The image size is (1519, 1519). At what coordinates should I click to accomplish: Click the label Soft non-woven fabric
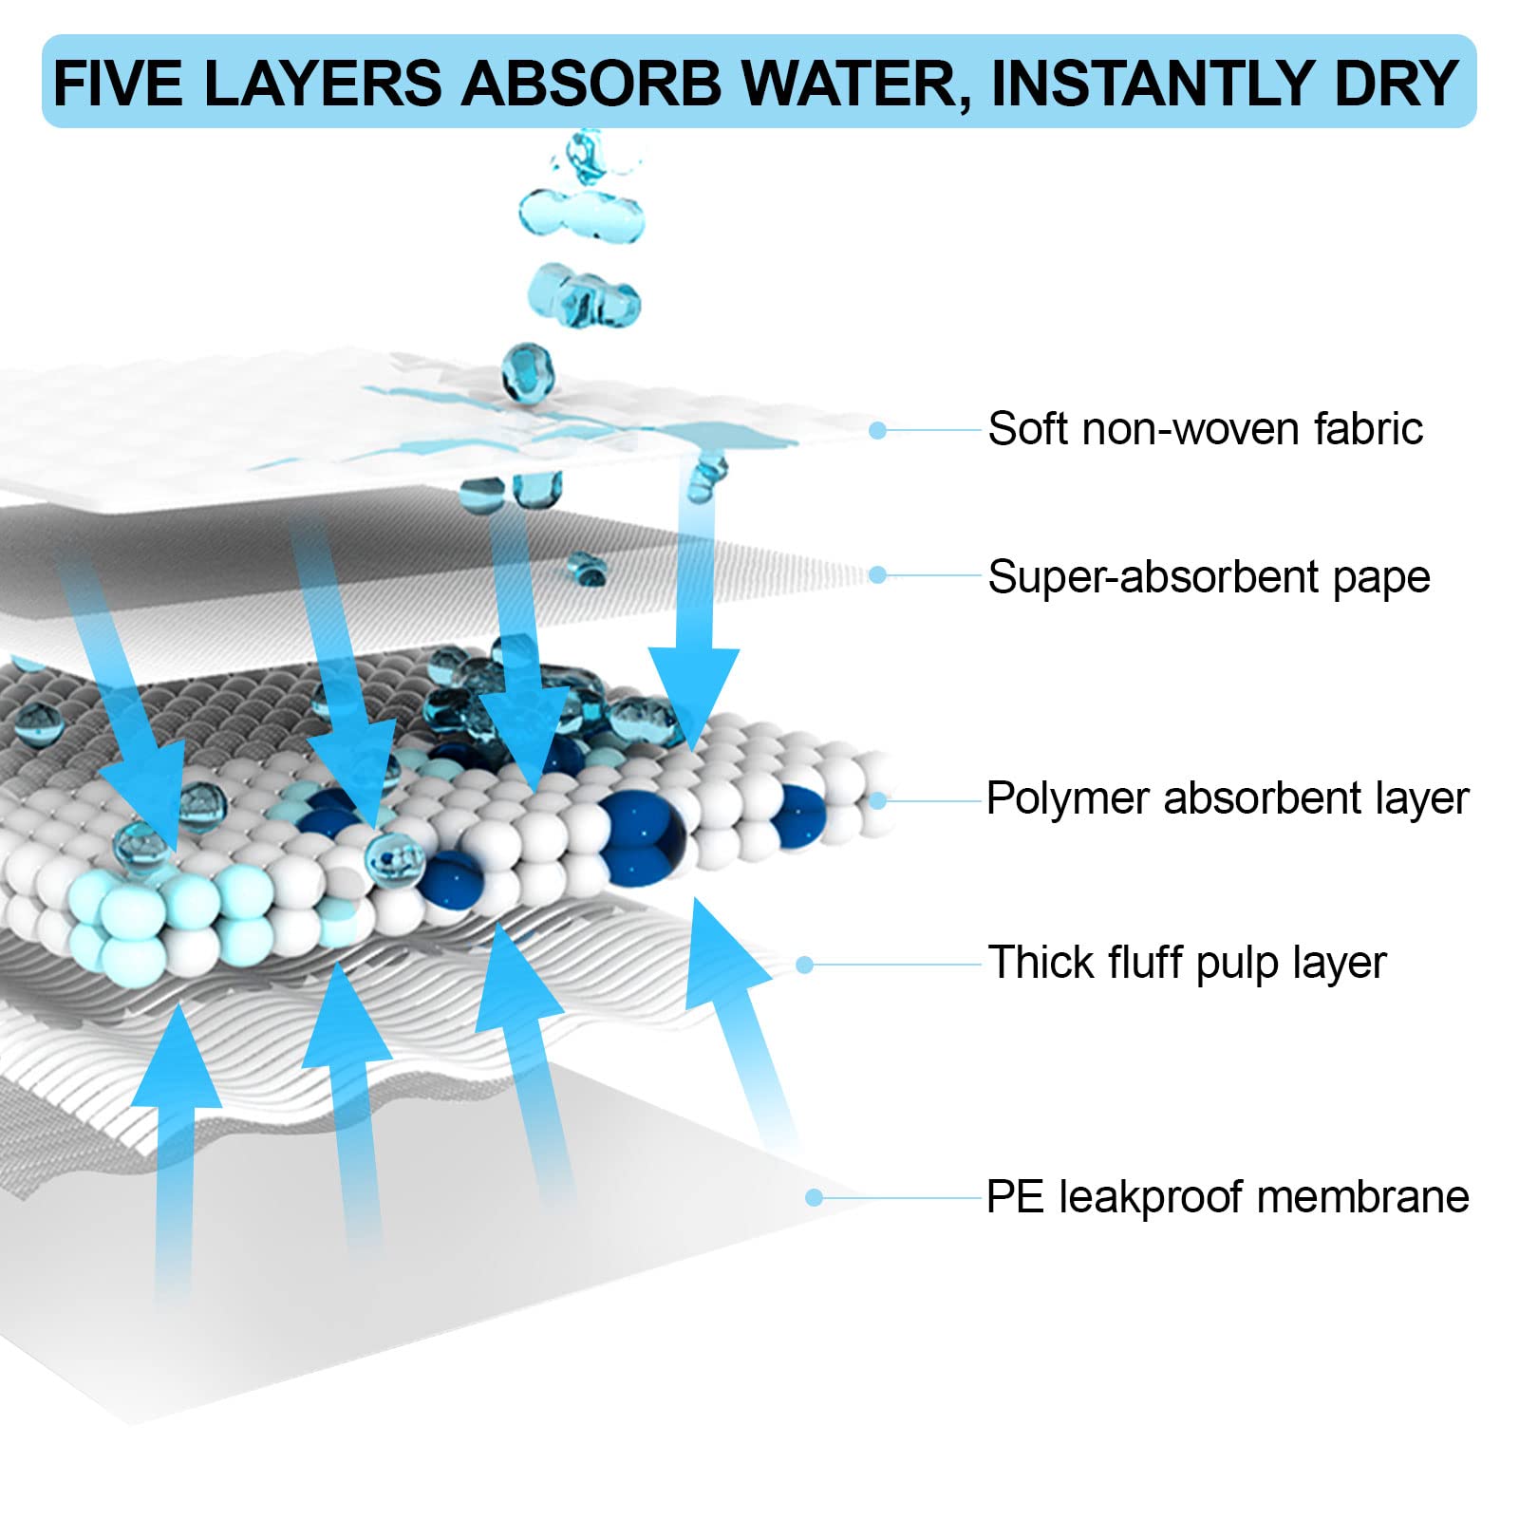(1206, 429)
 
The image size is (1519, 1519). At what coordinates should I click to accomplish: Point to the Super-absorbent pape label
(1209, 577)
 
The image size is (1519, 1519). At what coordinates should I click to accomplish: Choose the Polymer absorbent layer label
(1228, 798)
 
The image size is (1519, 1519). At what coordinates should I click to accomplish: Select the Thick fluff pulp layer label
(1187, 963)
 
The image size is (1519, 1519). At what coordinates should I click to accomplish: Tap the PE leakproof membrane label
(1228, 1197)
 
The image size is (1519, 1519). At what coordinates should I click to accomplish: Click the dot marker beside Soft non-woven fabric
(878, 431)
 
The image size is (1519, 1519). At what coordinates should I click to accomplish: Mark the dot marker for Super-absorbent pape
(878, 575)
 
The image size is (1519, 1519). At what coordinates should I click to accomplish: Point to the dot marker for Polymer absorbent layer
(878, 801)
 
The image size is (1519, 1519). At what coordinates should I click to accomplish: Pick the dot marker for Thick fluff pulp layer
(805, 966)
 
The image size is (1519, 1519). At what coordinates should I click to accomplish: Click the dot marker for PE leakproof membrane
(814, 1198)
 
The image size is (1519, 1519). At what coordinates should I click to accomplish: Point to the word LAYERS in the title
(323, 84)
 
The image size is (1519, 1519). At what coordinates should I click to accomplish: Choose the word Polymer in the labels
(1067, 798)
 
